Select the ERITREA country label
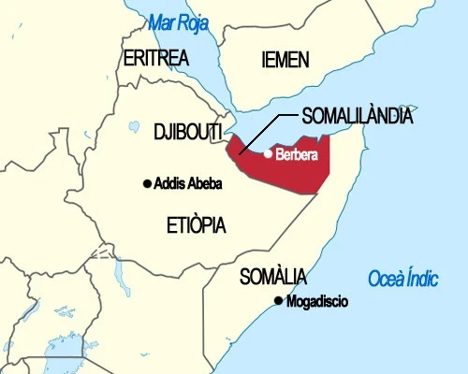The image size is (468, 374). [x=155, y=58]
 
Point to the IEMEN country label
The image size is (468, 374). [x=285, y=60]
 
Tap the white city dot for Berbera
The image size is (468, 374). [x=268, y=153]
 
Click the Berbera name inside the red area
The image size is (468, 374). [x=297, y=154]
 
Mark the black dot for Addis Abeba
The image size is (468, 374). [x=147, y=183]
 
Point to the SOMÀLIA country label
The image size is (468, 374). [x=272, y=276]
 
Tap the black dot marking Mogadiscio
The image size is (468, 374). [x=277, y=300]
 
